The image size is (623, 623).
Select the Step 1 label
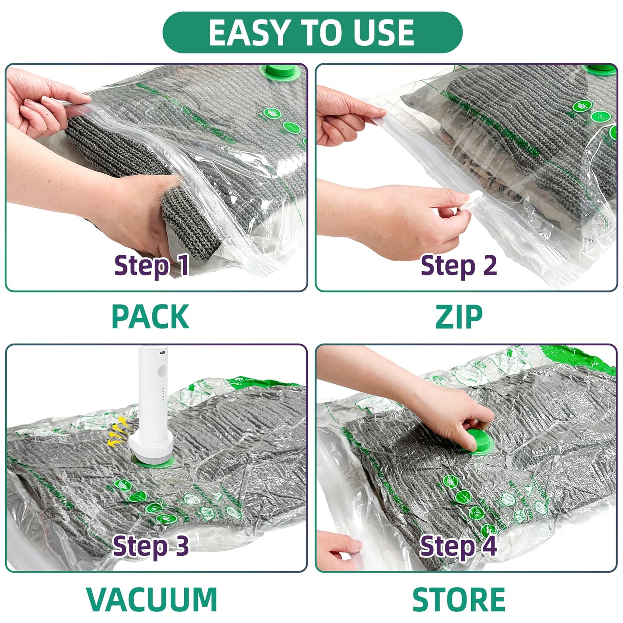tap(151, 265)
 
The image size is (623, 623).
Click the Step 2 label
tap(458, 265)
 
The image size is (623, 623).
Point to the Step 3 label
tap(150, 546)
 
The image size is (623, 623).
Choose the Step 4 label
tap(458, 546)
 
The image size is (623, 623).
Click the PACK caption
tap(150, 317)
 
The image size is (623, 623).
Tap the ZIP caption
tap(459, 317)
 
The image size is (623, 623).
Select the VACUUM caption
tap(151, 599)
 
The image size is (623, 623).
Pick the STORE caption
tap(459, 599)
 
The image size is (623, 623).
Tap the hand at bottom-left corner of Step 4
tap(338, 550)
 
